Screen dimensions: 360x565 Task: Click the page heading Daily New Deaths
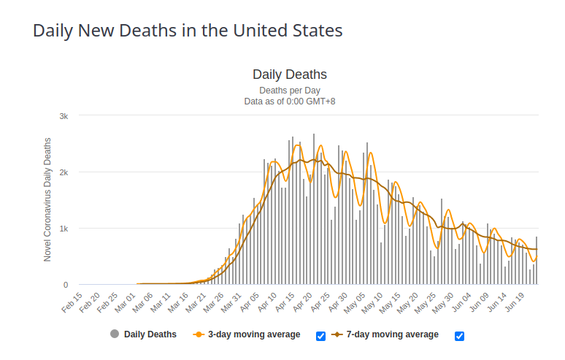point(188,31)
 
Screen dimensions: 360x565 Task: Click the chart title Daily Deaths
point(289,74)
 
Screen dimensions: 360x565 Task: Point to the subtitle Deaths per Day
point(289,91)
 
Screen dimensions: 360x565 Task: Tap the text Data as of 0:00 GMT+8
point(289,102)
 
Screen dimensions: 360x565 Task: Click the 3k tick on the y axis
point(64,116)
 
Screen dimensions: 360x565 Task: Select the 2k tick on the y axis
point(64,172)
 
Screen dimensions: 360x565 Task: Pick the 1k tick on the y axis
point(64,229)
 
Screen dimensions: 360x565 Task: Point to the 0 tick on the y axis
point(66,285)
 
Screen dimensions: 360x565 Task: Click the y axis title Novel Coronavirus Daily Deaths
point(47,199)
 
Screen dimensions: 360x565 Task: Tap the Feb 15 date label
point(72,302)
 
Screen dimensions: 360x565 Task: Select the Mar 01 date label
point(126,302)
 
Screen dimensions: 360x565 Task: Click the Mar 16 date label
point(180,302)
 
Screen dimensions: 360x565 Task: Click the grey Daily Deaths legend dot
point(115,334)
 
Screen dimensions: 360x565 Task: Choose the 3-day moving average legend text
point(254,334)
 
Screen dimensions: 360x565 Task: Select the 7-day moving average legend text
point(393,334)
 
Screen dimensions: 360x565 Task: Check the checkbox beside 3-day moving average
point(321,336)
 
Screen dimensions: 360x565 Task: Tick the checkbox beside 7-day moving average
point(459,336)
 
